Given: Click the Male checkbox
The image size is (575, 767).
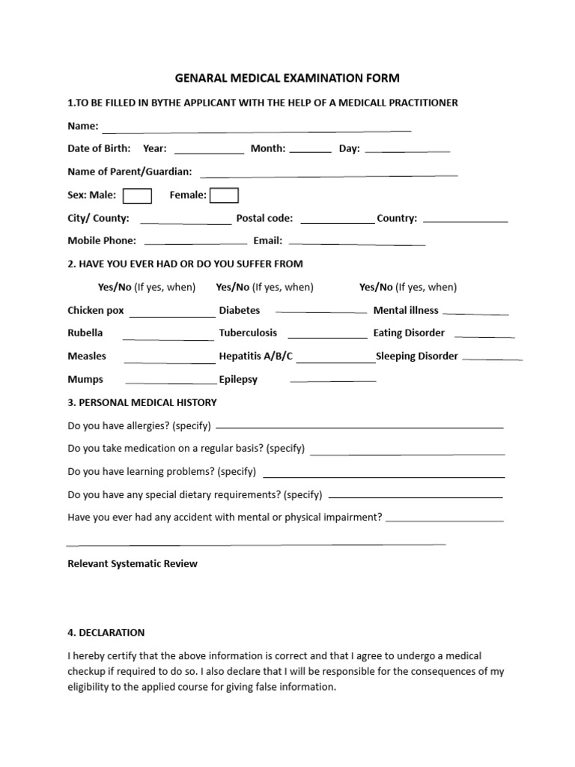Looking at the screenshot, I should (137, 195).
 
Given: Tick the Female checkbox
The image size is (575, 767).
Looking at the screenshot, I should (224, 195).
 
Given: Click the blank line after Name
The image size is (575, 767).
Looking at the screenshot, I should (257, 128).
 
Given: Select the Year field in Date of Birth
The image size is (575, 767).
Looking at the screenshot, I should (209, 150).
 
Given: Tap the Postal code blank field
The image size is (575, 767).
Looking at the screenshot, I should (337, 220).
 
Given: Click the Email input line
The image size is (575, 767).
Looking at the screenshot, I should (356, 243).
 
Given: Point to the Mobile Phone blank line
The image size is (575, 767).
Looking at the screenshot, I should (195, 243).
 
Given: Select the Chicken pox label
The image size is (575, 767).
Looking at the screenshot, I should (96, 310).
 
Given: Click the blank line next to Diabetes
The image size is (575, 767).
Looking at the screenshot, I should (320, 311).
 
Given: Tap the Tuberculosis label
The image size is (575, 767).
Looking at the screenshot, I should (248, 333).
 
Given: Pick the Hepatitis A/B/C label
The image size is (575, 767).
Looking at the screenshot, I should (256, 356).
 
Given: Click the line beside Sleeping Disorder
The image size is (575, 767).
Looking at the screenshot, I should (492, 359).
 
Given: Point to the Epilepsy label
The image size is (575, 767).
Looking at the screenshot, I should (238, 379).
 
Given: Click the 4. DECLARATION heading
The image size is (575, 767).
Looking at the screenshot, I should (106, 632).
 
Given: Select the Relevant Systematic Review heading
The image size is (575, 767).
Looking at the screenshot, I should (133, 563).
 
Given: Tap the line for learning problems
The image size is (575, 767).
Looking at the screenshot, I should (384, 475).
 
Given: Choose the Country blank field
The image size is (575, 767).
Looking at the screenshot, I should (465, 221).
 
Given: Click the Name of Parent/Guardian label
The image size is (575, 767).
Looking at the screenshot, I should (130, 172).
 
